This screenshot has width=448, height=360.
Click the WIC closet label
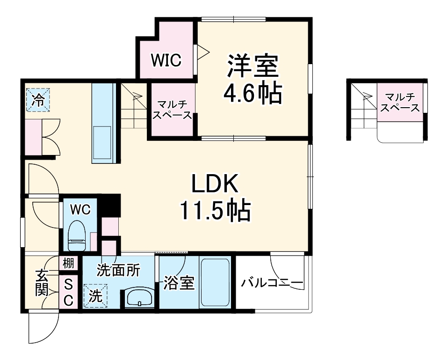[x=166, y=61]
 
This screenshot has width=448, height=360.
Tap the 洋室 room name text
[x=253, y=66]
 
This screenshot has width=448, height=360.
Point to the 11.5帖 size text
[x=216, y=211]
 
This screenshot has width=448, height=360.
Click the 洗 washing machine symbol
[x=95, y=296]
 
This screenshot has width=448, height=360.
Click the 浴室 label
[x=178, y=284]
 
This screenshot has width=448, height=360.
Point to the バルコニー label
[x=273, y=283]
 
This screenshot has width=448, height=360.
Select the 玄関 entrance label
[x=41, y=283]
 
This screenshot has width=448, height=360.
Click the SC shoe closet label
[x=68, y=292]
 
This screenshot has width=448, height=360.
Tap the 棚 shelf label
[x=68, y=263]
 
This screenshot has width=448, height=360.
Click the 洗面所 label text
[x=118, y=270]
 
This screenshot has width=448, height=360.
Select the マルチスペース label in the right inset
[x=400, y=103]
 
